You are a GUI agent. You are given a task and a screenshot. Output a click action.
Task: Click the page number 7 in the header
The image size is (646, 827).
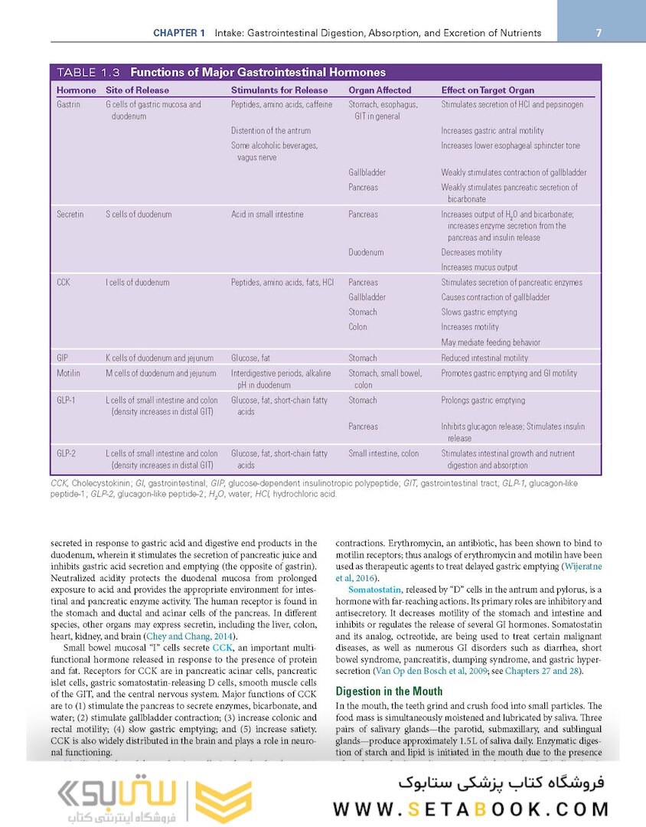(598, 33)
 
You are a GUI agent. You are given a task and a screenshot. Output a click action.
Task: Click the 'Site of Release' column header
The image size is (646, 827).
(137, 90)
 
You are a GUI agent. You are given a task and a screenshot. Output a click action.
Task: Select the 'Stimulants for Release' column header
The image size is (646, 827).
(279, 90)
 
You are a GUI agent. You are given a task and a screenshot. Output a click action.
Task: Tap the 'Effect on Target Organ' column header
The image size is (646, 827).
(488, 90)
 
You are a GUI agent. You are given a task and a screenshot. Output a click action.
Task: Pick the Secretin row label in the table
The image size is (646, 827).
(70, 214)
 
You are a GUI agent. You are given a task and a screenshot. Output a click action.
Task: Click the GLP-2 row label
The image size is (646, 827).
(67, 453)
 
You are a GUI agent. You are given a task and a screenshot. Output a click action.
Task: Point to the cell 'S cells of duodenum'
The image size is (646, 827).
(139, 214)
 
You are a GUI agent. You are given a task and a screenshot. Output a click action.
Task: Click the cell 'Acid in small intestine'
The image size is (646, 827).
(267, 214)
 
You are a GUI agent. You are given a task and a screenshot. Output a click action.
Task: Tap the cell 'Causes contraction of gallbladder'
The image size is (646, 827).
(495, 297)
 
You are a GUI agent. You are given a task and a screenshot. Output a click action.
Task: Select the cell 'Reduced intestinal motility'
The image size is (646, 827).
(484, 358)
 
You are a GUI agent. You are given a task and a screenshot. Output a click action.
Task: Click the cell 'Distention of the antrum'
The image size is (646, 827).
(270, 131)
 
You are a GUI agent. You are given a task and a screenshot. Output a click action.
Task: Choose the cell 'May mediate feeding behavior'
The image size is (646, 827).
(491, 342)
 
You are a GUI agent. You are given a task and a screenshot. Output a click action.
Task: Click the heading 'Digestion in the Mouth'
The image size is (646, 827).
(390, 691)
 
